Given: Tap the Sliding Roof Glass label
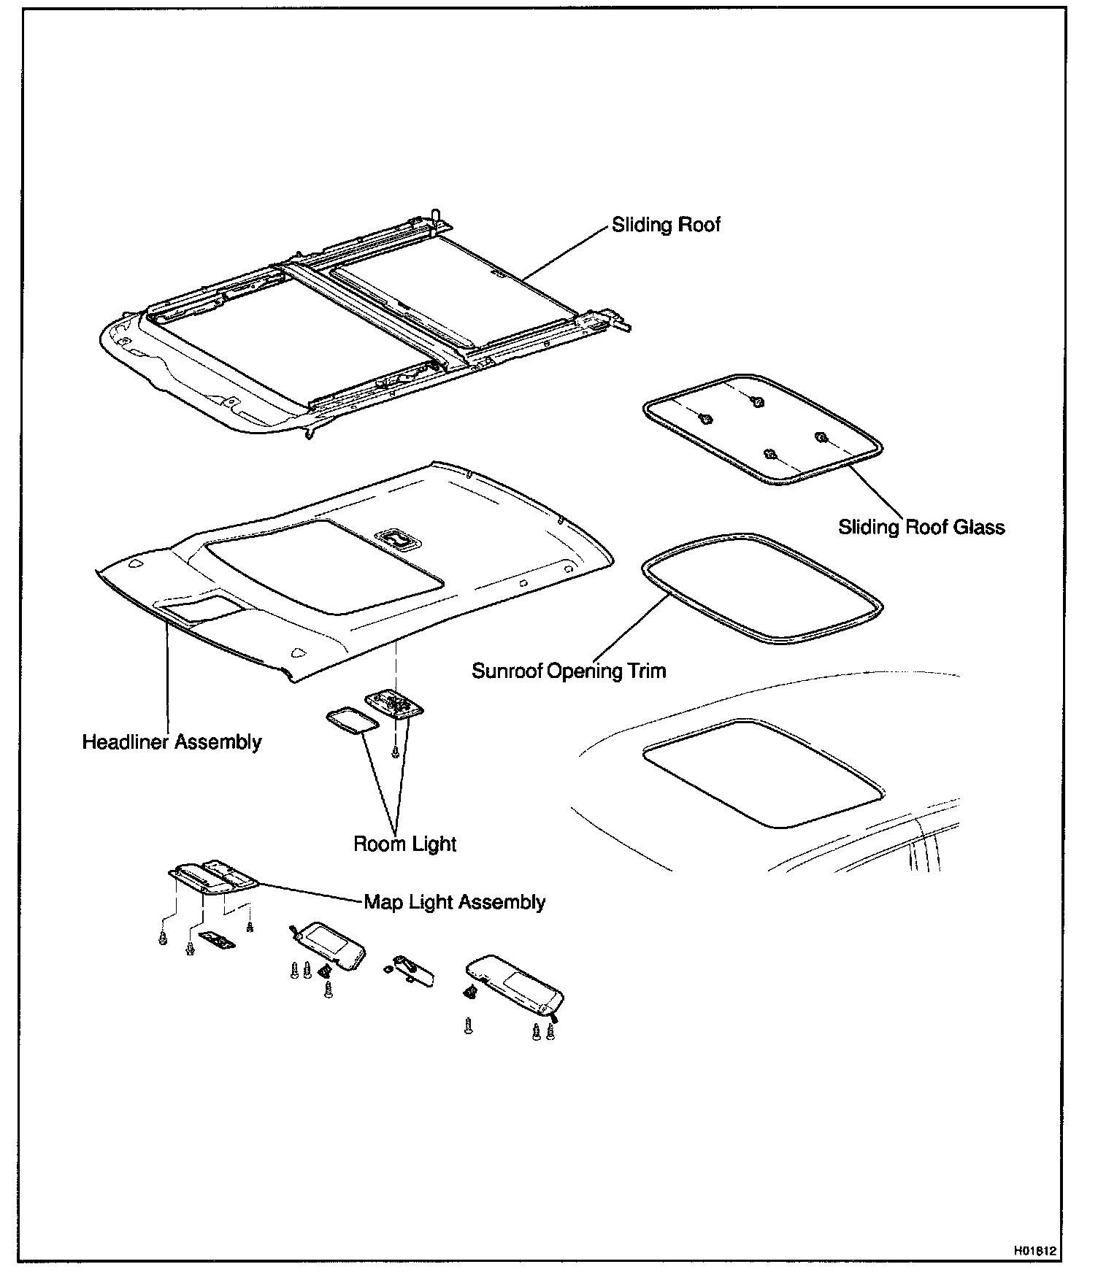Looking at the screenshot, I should [x=921, y=527].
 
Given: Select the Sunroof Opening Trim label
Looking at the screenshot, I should [x=569, y=671].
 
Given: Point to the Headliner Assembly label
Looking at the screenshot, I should [x=172, y=742].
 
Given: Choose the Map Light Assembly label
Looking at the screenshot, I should [x=454, y=902].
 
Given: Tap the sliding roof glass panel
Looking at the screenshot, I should [x=763, y=431].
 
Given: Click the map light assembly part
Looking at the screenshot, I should [x=212, y=876].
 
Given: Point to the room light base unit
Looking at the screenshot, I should [x=394, y=704].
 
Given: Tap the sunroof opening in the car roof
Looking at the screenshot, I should [x=763, y=774].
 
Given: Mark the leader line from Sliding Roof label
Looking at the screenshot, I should [x=566, y=253].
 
